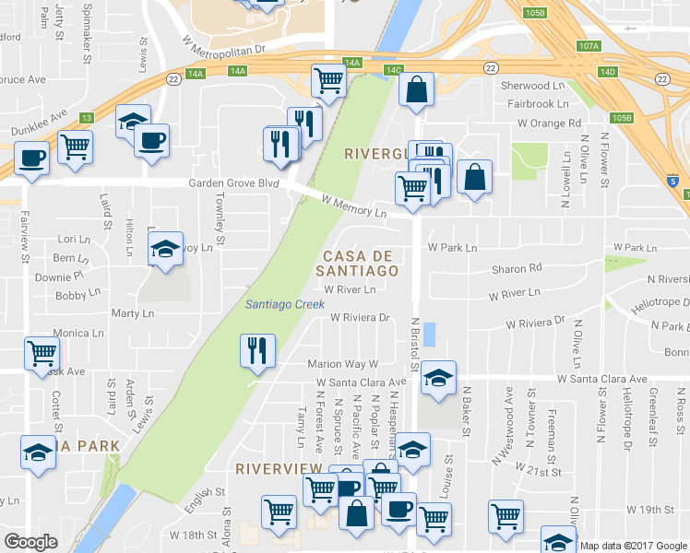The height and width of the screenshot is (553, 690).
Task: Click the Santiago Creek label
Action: coord(284,304)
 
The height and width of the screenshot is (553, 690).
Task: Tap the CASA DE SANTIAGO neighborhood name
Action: coord(357,263)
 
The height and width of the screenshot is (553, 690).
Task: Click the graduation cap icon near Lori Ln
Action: coord(165,252)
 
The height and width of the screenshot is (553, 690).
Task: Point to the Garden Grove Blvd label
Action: coord(233,183)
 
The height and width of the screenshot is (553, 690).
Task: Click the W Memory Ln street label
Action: coord(353,206)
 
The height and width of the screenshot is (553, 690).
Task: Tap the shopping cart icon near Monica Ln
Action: coord(42,353)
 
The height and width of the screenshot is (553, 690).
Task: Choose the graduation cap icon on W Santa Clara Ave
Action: coord(439,378)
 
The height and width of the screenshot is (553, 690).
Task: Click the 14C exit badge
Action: coord(394,69)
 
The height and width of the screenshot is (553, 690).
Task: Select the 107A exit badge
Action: coord(588,45)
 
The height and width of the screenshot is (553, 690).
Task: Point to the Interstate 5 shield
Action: coord(674,182)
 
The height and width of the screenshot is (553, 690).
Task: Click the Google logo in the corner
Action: coord(30,542)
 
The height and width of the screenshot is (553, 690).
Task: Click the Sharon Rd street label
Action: coord(517,269)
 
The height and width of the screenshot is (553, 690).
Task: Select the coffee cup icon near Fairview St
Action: coord(31,158)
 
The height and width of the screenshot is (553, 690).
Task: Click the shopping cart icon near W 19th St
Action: coord(506,516)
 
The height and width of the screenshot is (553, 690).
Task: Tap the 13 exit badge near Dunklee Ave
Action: coord(86,118)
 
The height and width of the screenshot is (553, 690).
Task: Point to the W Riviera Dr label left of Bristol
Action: coord(362,318)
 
